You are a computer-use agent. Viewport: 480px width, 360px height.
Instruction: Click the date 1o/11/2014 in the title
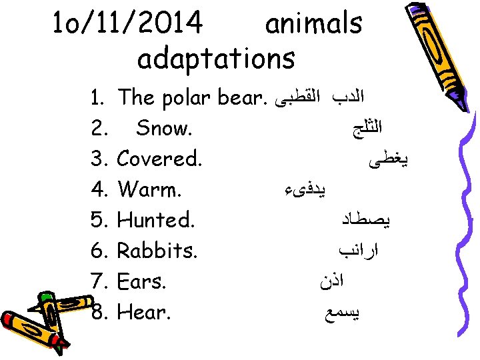click(127, 24)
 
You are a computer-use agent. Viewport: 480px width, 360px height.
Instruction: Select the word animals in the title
click(313, 24)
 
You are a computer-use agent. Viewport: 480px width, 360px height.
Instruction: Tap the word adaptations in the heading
click(215, 59)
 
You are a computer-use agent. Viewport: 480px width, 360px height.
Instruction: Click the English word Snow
click(164, 129)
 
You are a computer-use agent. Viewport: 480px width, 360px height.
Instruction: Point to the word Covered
click(160, 159)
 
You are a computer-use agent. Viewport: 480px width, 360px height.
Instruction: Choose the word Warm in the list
click(149, 189)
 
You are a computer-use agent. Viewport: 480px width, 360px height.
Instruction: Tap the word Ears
click(141, 281)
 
